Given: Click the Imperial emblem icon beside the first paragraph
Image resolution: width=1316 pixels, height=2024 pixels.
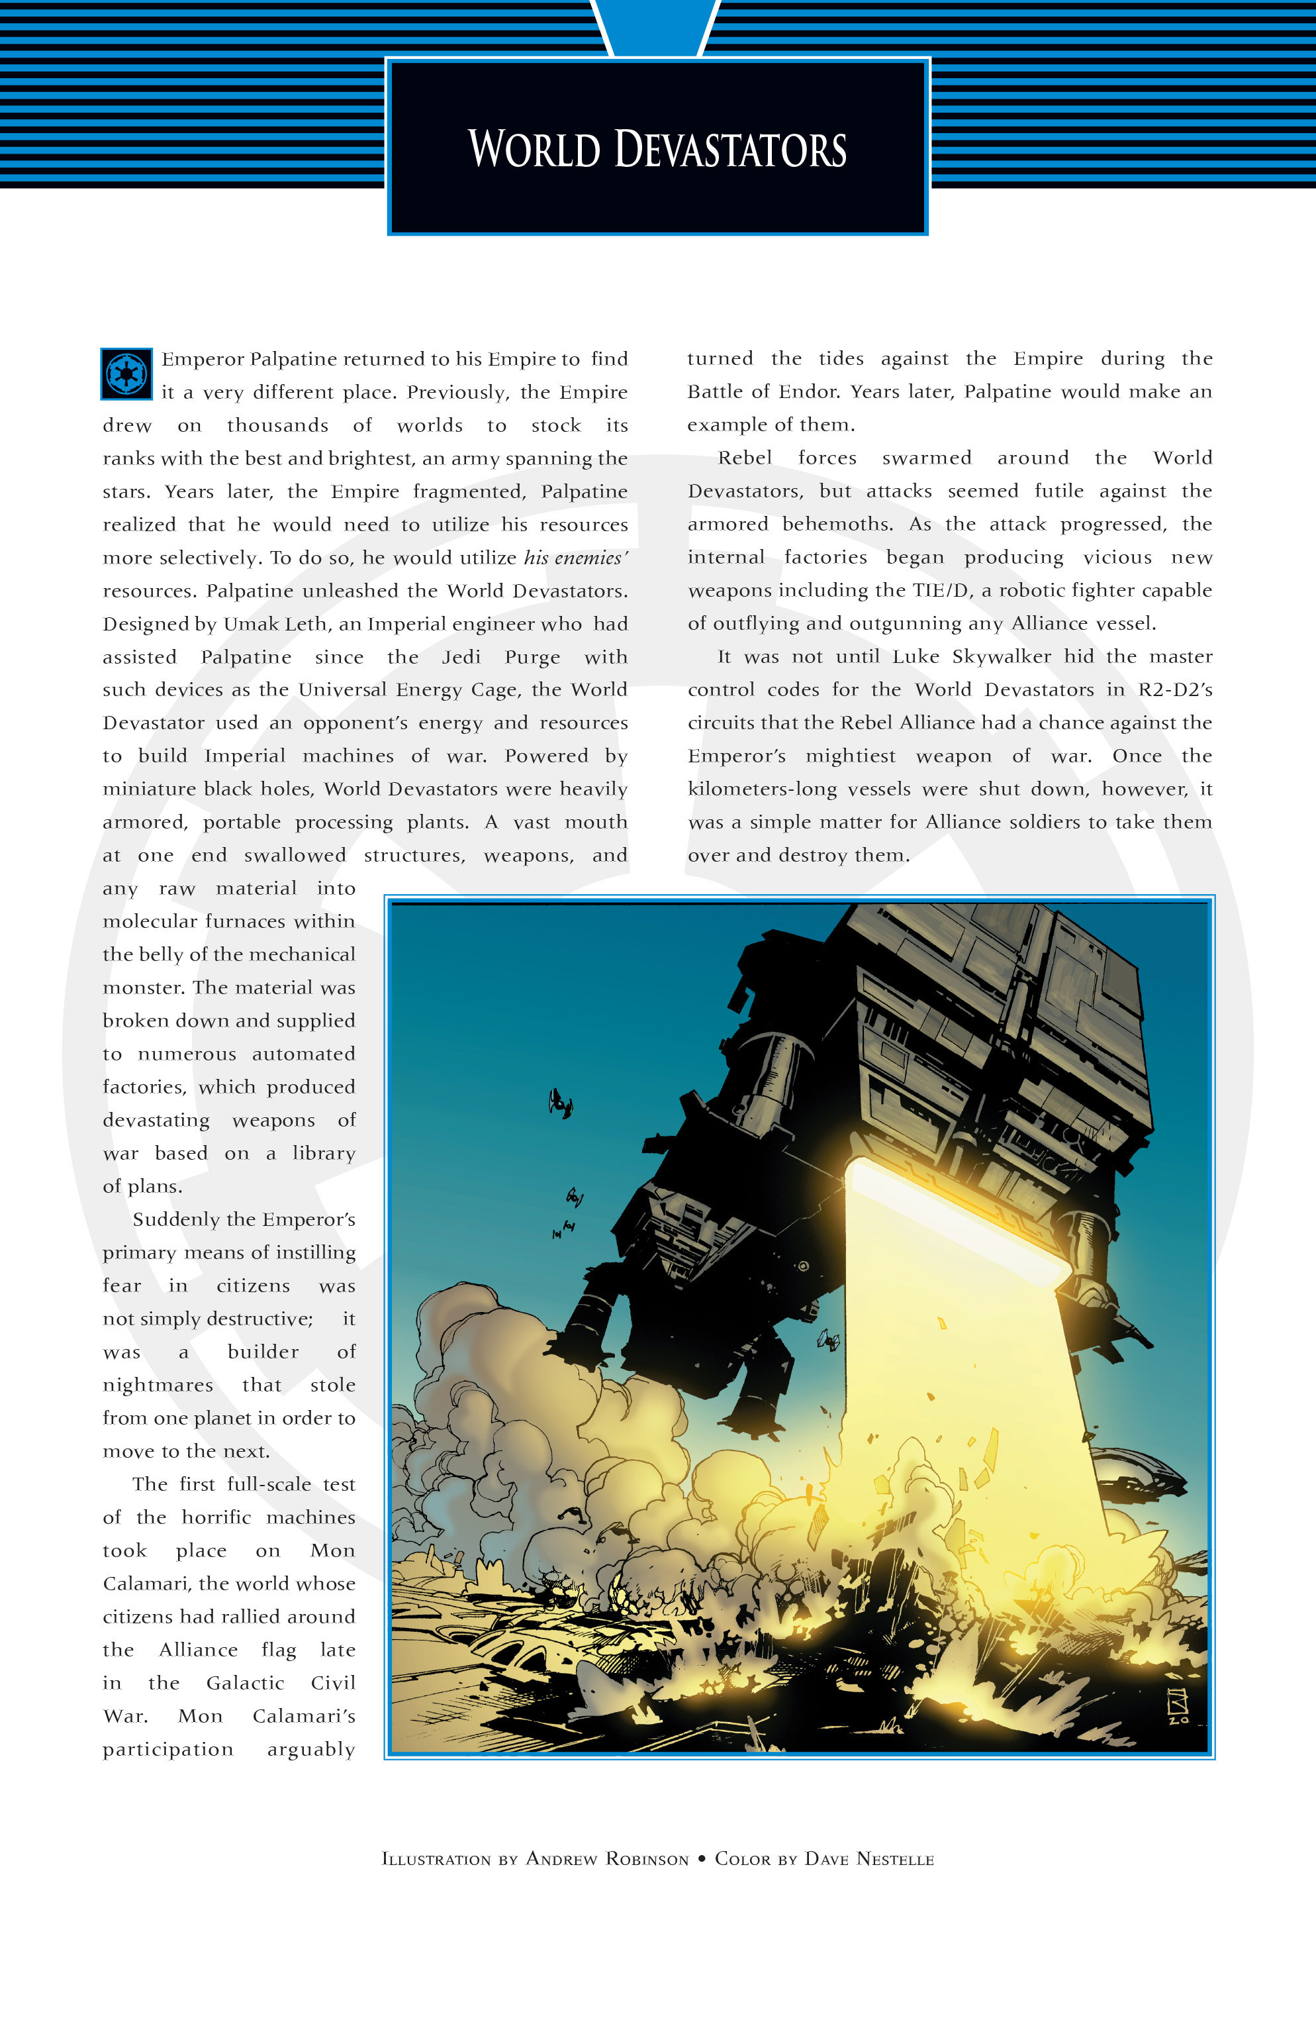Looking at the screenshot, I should (x=126, y=374).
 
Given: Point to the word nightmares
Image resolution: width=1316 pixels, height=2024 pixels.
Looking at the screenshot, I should (x=158, y=1386).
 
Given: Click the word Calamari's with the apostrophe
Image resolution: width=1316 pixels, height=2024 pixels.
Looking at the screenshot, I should (x=303, y=1716).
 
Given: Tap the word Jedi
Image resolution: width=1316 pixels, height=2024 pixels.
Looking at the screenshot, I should (x=461, y=658).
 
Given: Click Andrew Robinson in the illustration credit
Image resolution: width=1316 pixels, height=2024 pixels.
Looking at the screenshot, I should (x=607, y=1859).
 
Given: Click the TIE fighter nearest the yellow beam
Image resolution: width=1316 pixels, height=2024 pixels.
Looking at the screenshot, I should (x=828, y=1342).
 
